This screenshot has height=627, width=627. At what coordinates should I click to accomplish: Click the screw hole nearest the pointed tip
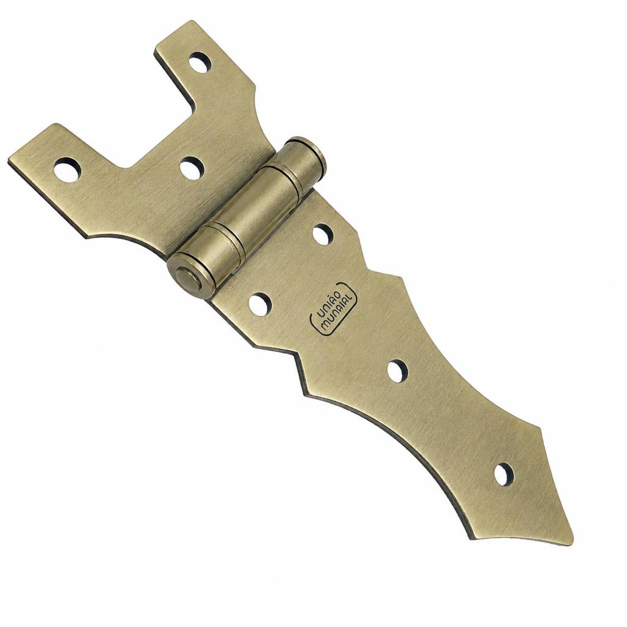click(x=503, y=474)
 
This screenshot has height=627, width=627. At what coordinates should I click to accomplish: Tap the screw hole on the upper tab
click(x=200, y=62)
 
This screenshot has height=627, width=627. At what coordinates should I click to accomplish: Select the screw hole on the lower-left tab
click(x=67, y=170)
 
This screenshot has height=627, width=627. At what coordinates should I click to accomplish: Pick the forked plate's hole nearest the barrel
click(x=192, y=168)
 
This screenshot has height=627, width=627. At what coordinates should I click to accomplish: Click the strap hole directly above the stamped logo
click(x=323, y=235)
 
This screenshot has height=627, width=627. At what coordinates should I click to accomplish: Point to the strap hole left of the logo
click(x=260, y=304)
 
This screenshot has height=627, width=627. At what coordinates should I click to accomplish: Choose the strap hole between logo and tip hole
click(x=397, y=371)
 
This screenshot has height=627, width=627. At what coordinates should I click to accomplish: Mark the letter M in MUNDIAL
click(x=325, y=326)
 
